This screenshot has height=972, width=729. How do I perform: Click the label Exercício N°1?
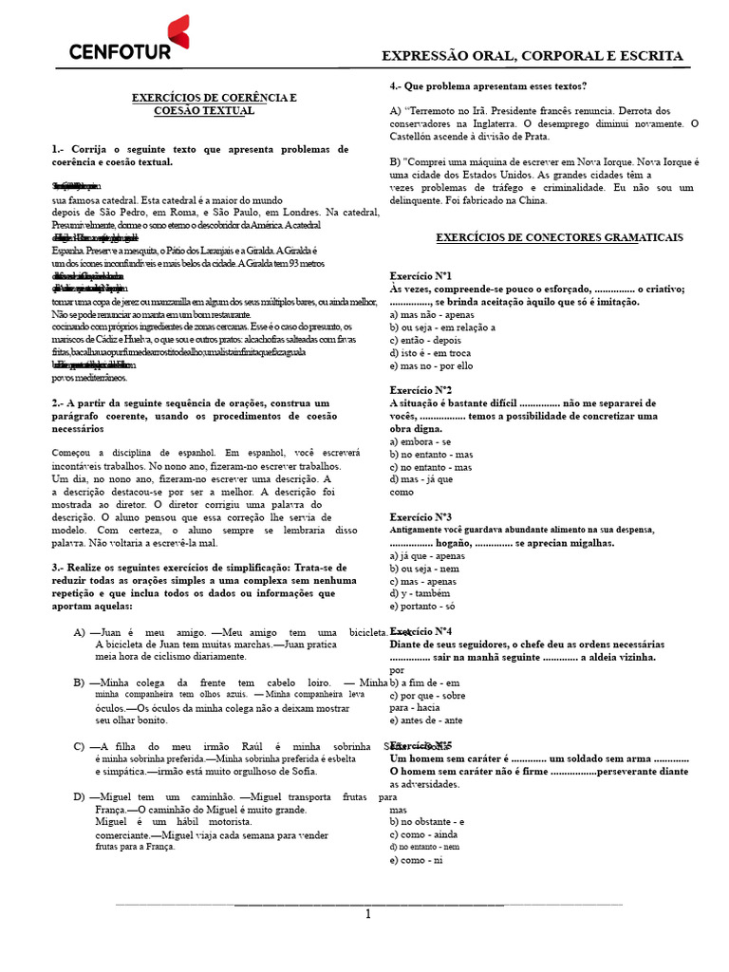pos(421,275)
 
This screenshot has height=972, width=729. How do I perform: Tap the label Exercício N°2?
pos(421,390)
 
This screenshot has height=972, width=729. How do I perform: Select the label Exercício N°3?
pos(421,517)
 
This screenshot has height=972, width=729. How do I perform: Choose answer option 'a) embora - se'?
pos(421,441)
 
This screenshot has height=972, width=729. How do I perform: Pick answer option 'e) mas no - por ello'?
pos(431,365)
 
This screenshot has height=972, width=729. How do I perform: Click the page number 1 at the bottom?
pos(368,915)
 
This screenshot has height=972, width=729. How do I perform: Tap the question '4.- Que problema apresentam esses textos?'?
pos(488,85)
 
